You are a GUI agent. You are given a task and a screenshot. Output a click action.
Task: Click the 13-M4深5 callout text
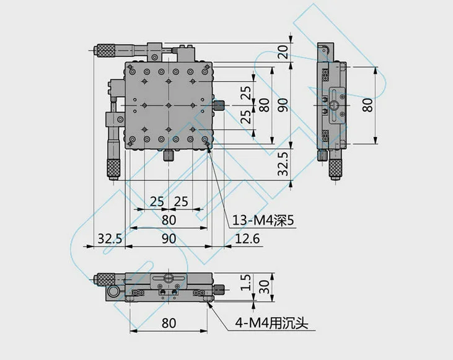pyautogui.click(x=263, y=221)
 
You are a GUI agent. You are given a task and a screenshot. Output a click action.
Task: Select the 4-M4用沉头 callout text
pyautogui.click(x=271, y=323)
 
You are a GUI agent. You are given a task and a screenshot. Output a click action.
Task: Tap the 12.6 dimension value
pyautogui.click(x=247, y=239)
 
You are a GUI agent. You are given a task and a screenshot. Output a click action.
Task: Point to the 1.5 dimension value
pyautogui.click(x=245, y=283)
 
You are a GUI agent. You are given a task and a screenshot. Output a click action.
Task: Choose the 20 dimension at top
pyautogui.click(x=283, y=52)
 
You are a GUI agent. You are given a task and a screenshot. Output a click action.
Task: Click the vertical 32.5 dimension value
pyautogui.click(x=283, y=164)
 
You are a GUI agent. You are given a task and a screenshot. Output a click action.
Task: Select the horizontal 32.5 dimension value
pyautogui.click(x=110, y=239)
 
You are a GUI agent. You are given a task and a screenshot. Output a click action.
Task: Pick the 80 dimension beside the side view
pyautogui.click(x=367, y=105)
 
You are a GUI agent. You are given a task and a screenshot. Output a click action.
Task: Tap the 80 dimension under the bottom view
pyautogui.click(x=169, y=323)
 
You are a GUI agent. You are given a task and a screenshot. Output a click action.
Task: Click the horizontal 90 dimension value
pyautogui.click(x=169, y=239)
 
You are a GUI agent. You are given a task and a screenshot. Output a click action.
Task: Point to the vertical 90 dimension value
pyautogui.click(x=283, y=105)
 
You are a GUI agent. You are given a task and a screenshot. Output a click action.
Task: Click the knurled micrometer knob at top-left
pyautogui.click(x=106, y=50)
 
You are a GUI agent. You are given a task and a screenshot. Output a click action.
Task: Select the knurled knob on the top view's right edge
pyautogui.click(x=219, y=105)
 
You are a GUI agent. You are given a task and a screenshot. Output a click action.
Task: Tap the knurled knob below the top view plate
pyautogui.click(x=168, y=156)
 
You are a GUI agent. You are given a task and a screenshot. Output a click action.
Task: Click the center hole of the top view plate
pyautogui.click(x=168, y=105)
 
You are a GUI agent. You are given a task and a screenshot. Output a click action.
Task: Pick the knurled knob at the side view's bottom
pyautogui.click(x=335, y=167)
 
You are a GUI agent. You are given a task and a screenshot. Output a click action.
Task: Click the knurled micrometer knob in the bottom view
pyautogui.click(x=106, y=279)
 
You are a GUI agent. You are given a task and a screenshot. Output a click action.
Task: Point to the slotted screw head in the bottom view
pyautogui.click(x=168, y=278)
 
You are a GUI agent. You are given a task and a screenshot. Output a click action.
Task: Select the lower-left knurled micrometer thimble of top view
pyautogui.click(x=114, y=167)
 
